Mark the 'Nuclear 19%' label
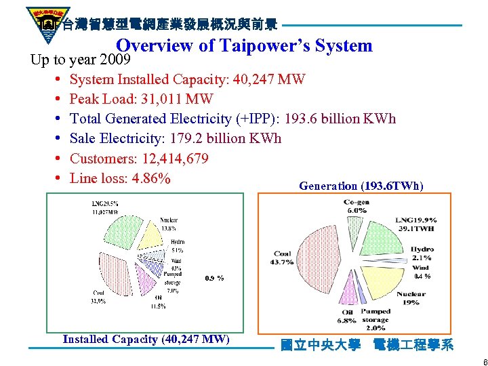pos(411,298)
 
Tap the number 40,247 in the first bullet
pos(252,79)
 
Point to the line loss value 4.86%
pos(148,179)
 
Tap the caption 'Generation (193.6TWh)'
pos(361,186)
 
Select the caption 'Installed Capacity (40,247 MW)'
pos(146,339)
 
